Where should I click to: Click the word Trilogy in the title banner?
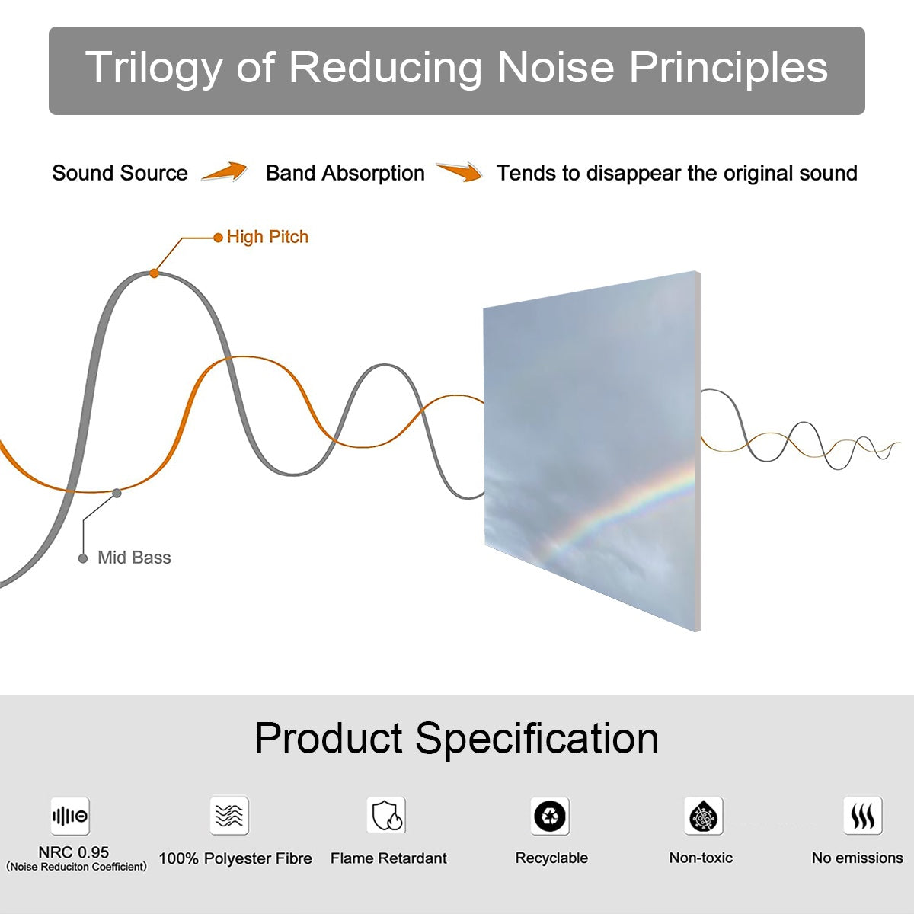[154, 69]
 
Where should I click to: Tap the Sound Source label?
[120, 173]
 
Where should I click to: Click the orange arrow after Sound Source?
[225, 171]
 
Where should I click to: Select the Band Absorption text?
[345, 173]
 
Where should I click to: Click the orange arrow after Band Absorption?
[459, 171]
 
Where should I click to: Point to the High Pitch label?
[267, 237]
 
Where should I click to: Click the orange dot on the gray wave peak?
[154, 273]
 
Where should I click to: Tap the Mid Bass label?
[134, 558]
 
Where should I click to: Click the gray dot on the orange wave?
[117, 494]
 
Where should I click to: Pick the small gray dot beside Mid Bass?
[83, 558]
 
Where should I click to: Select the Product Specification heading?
[457, 738]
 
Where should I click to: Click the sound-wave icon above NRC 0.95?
[70, 816]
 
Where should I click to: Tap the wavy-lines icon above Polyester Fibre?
[229, 815]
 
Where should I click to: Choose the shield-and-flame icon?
[387, 815]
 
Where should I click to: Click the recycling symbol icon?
[550, 816]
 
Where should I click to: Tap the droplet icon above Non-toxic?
[704, 816]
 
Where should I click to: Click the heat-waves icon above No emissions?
[863, 815]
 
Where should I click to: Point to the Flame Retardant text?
[388, 858]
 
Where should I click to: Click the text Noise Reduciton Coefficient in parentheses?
[76, 867]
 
